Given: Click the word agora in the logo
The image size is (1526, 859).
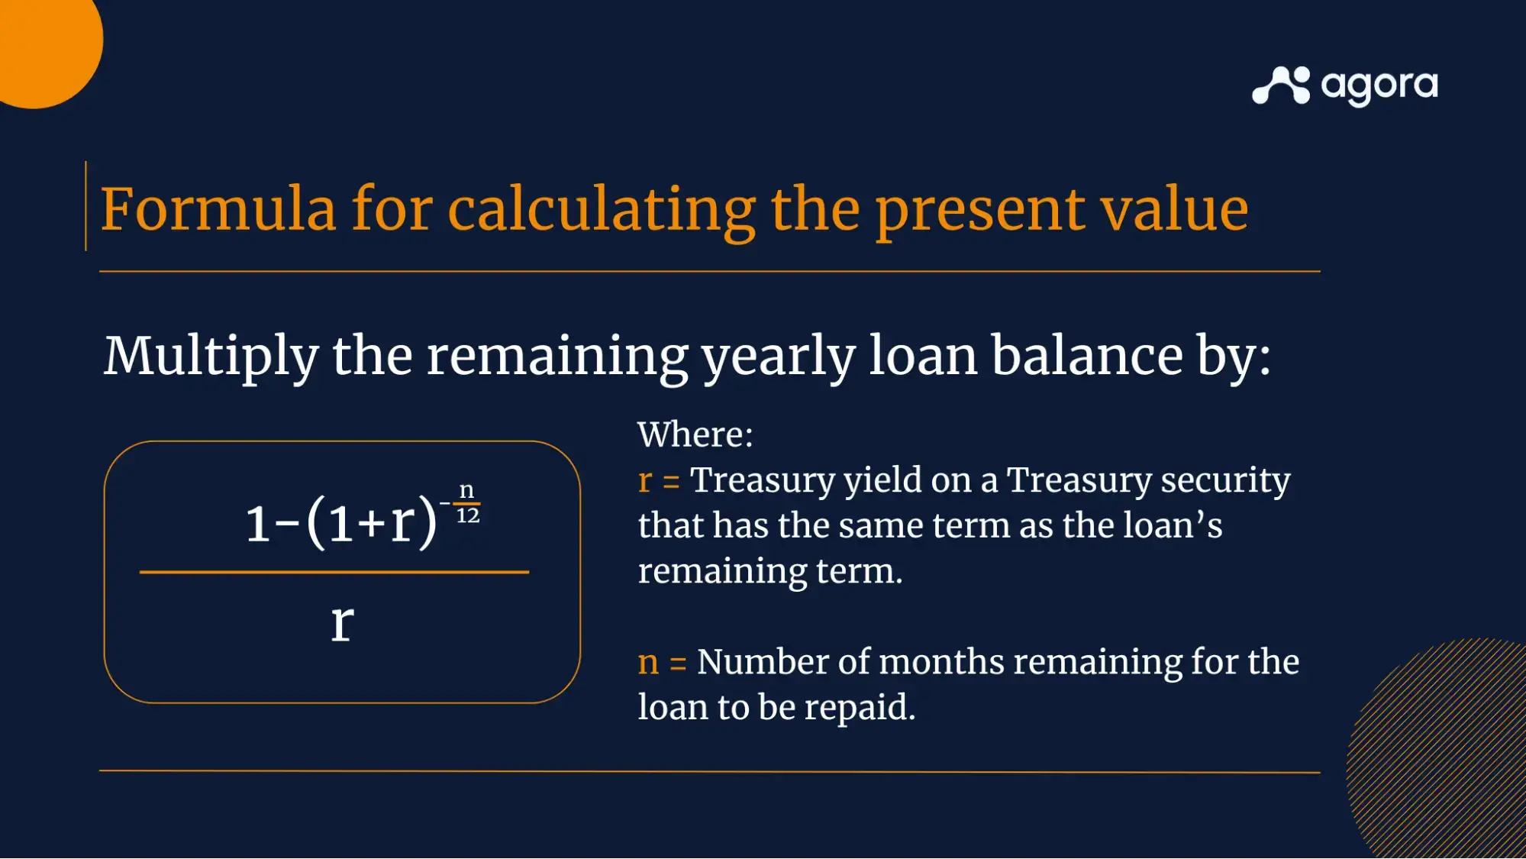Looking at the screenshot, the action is click(x=1379, y=87).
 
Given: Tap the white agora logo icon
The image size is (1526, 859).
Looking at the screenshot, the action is click(x=1281, y=85).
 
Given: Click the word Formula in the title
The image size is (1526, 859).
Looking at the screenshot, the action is click(x=218, y=208).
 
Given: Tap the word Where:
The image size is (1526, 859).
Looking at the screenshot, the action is click(x=695, y=434).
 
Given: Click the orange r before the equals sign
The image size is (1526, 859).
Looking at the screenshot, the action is click(x=645, y=481).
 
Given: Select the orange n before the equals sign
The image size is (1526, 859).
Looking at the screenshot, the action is click(x=648, y=662).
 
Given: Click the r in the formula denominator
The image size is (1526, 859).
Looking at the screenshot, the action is click(x=342, y=622).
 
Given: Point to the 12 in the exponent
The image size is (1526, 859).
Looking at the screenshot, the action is click(x=468, y=516).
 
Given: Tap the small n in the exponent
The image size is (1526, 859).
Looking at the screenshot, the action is click(x=466, y=490).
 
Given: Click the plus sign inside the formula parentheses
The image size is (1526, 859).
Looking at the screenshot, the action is click(x=372, y=524).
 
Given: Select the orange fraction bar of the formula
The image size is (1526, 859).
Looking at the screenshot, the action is click(x=334, y=572).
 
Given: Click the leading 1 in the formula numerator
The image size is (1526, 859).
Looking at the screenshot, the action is click(x=258, y=524).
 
